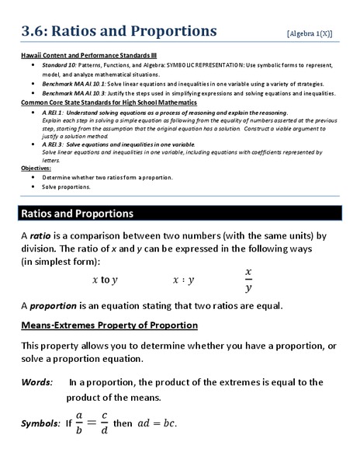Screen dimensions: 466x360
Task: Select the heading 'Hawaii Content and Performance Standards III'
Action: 88,54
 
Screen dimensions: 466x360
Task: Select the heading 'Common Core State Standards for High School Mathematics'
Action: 109,102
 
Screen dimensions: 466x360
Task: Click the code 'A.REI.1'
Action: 54,112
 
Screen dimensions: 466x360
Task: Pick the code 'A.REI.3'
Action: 54,144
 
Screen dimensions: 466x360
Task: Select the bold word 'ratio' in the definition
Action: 40,235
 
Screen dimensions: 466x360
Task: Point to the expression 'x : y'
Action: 183,280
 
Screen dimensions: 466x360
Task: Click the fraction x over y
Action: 248,280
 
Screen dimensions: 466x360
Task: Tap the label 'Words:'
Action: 37,382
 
